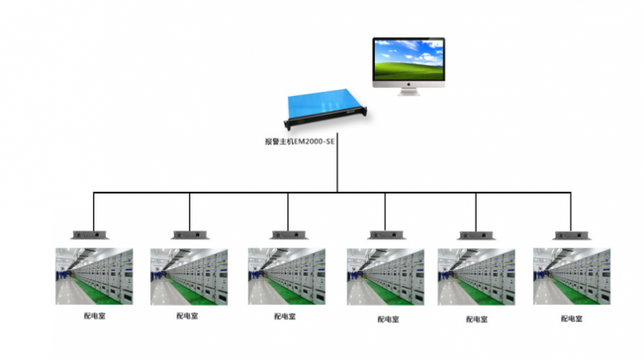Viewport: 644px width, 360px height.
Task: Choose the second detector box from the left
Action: [x=189, y=233]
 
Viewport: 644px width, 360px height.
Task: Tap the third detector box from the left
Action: [x=287, y=233]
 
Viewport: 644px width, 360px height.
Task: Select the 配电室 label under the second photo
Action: [x=187, y=316]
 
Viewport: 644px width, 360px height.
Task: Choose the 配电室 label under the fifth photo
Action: [x=477, y=318]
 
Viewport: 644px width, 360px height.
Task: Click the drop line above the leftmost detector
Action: [x=94, y=209]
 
